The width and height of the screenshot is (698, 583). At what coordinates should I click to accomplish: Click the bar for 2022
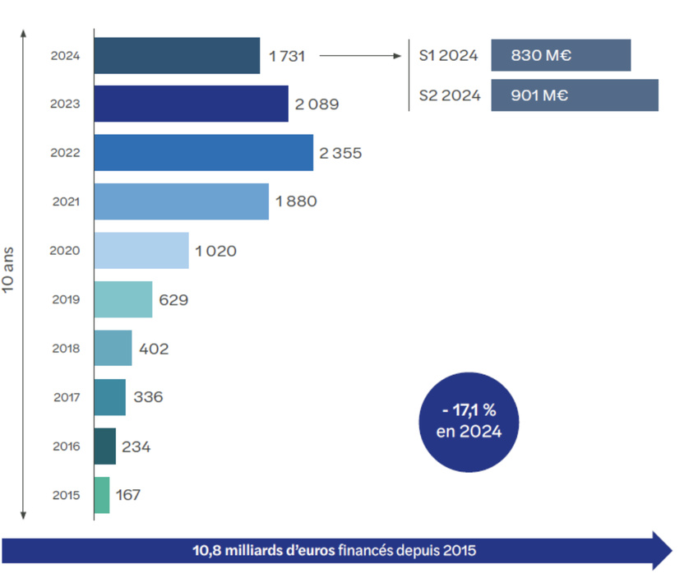point(203,153)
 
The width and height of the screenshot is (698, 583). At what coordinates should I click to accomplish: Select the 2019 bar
point(123,299)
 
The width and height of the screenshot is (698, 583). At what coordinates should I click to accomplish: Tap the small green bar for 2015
point(102,495)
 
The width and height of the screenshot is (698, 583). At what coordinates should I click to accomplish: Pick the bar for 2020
point(141,251)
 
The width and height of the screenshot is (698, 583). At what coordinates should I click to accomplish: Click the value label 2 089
point(317,104)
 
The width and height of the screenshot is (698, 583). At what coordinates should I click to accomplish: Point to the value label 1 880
point(296,201)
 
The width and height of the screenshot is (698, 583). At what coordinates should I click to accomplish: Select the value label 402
point(154,349)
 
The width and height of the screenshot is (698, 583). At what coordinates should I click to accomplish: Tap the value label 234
point(136,447)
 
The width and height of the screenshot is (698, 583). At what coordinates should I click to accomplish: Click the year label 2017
point(66,398)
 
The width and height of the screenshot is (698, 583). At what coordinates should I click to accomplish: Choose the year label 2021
point(66,201)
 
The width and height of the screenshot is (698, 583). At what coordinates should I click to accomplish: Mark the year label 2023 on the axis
point(66,104)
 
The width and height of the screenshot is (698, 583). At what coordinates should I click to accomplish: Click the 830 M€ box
point(561,56)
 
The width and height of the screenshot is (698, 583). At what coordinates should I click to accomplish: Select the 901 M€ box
point(575,95)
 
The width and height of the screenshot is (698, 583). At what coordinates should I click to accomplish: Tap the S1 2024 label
point(448,56)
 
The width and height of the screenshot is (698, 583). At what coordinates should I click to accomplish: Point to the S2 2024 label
point(449,95)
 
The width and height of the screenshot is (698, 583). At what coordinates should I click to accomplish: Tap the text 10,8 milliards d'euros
point(263,550)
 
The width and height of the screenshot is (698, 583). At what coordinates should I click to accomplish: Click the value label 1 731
point(287,56)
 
